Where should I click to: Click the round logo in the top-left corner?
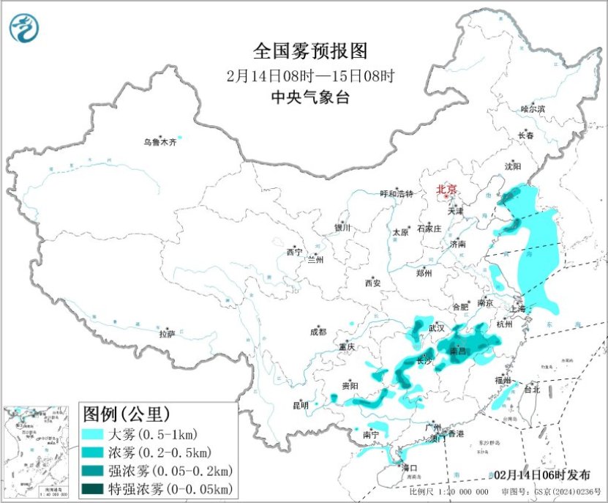(24, 28)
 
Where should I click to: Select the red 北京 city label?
(446, 190)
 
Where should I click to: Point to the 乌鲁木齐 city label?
(159, 143)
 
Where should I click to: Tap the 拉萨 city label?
(167, 334)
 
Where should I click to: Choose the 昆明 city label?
(301, 405)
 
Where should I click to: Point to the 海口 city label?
(409, 468)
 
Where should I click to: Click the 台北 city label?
(530, 390)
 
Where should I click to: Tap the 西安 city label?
(372, 283)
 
